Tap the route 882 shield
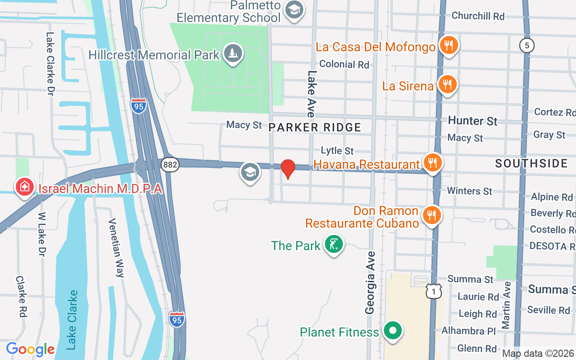tap(171, 165)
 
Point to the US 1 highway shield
tap(433, 292)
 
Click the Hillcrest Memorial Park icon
tap(233, 54)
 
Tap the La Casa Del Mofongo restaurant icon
tap(448, 45)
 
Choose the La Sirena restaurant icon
tap(447, 84)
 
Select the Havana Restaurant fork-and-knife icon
tap(432, 163)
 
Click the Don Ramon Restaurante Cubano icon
tap(432, 216)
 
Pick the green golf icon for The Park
tap(333, 244)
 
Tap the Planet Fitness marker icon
tap(393, 331)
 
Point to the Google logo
tap(30, 349)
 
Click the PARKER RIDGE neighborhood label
tap(315, 127)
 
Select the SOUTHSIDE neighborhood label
tap(531, 163)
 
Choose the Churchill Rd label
tap(478, 16)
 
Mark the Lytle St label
tap(337, 150)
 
